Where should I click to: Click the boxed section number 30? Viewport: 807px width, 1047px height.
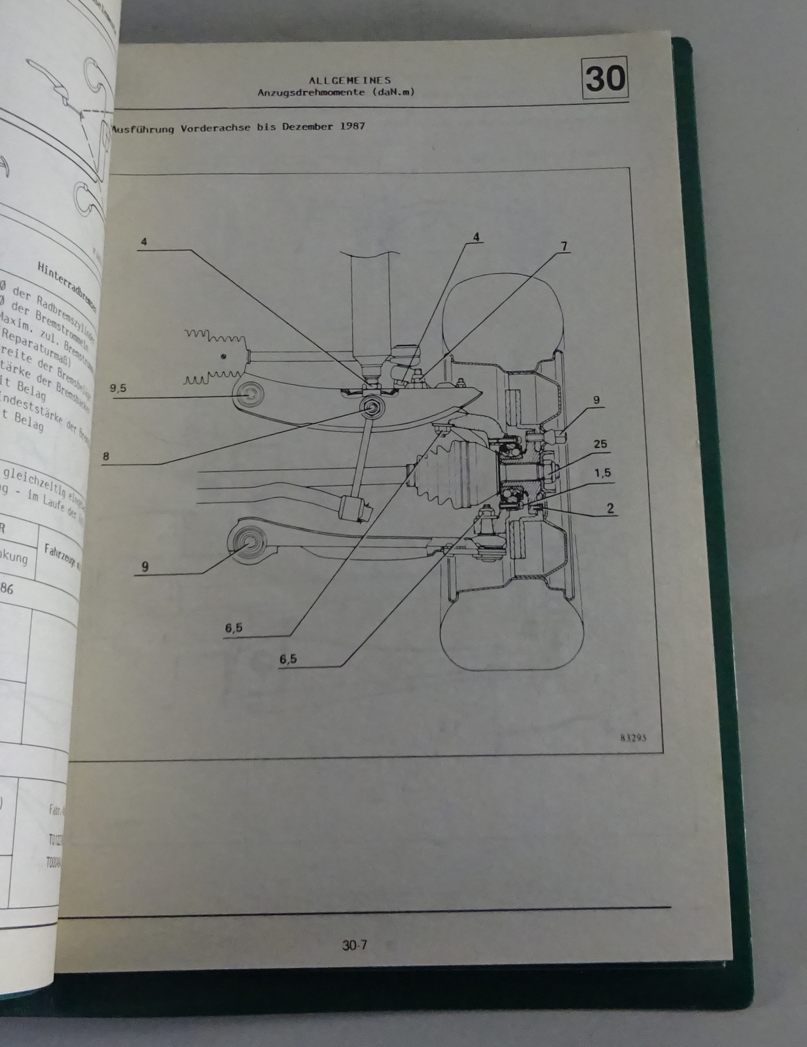(605, 79)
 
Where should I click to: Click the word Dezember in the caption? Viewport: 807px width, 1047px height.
(306, 128)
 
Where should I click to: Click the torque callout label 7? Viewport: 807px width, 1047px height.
(564, 247)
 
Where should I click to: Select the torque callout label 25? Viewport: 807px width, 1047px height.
(600, 444)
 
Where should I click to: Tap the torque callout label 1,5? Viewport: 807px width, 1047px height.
(604, 472)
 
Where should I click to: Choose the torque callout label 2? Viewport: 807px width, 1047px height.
(610, 507)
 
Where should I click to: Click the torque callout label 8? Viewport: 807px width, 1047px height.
(105, 456)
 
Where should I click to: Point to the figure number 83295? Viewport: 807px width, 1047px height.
(631, 736)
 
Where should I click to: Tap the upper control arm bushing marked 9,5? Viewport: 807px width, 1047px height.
(252, 396)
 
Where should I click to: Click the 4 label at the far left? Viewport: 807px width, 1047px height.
(143, 241)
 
